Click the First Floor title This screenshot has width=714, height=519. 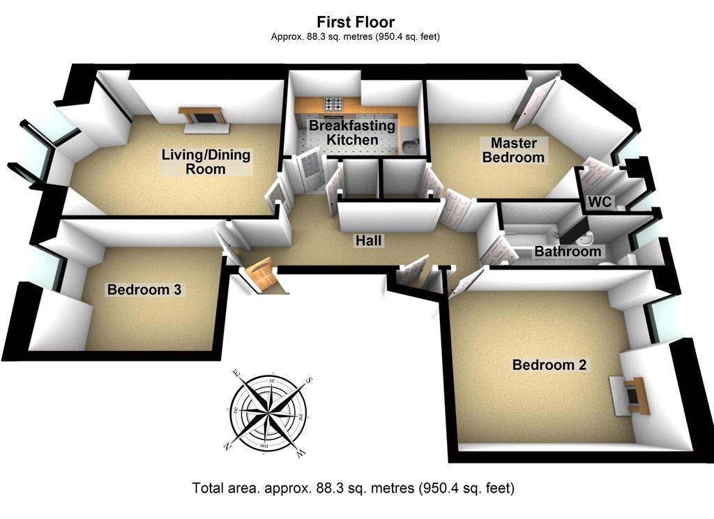pos(356,22)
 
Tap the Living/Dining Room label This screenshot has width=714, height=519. pos(206,162)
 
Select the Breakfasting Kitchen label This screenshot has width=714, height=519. pos(352,132)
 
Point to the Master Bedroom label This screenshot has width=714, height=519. pos(514,150)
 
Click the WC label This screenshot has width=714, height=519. pos(600,201)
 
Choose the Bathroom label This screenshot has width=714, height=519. pos(568,251)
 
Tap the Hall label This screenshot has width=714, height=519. pos(368,240)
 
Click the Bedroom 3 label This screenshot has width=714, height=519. pos(144,289)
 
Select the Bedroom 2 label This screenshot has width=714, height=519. pos(549,365)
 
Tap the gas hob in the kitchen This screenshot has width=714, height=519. pos(334,104)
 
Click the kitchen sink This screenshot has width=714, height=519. pos(410,146)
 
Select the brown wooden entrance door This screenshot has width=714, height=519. pos(261,274)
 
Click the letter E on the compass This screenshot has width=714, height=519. pos(236,373)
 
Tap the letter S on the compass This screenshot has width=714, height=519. pos(309,380)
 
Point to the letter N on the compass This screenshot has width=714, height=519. pos(227,447)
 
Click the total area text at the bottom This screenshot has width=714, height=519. pos(354,488)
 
